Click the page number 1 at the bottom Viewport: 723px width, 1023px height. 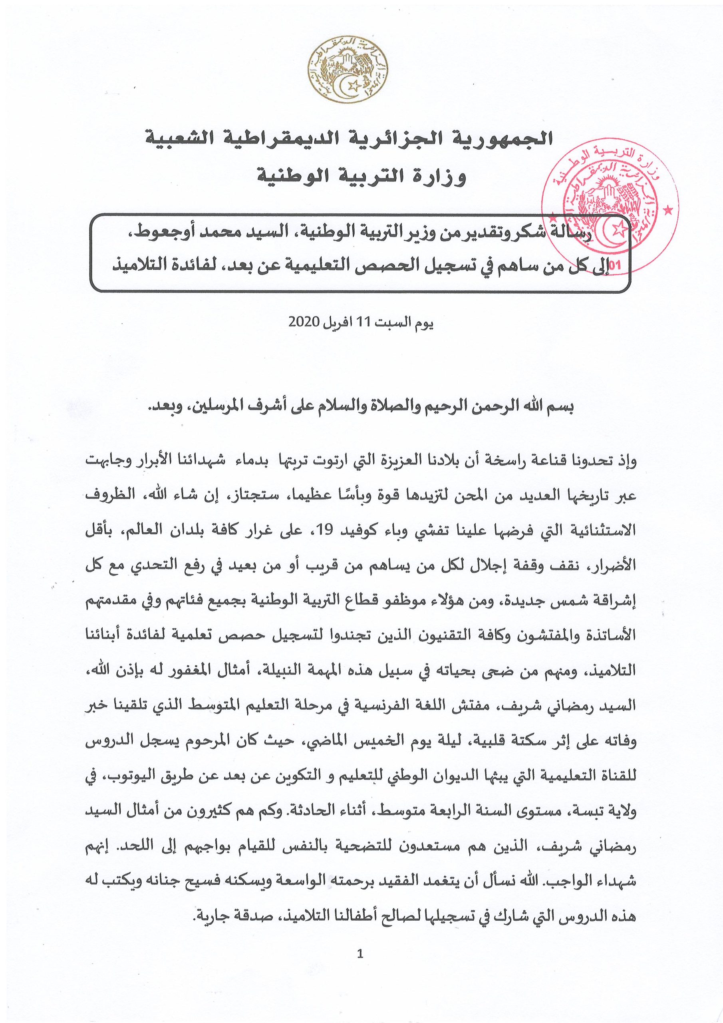coord(361,976)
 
